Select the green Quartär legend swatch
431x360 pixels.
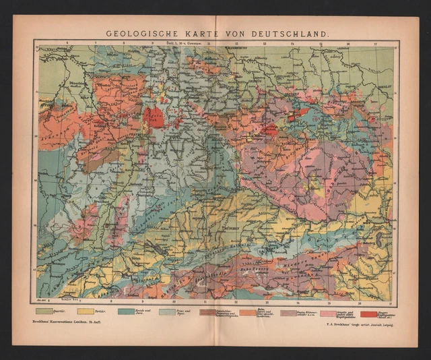45,311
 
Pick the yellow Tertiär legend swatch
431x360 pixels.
86,311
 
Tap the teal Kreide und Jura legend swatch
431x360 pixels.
126,311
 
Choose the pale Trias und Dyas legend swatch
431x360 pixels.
167,311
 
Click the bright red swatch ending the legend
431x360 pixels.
368,313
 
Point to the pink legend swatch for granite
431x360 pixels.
328,313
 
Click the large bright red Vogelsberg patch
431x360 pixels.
154,116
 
